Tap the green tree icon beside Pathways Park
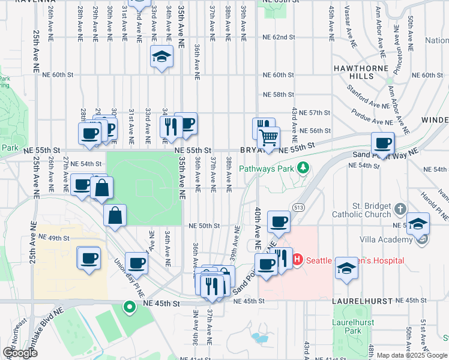pyautogui.click(x=304, y=167)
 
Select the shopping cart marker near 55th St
pyautogui.click(x=268, y=137)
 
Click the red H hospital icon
pyautogui.click(x=297, y=260)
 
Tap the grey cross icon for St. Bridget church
pyautogui.click(x=401, y=210)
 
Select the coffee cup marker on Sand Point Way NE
pyautogui.click(x=382, y=143)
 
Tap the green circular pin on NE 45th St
pyautogui.click(x=129, y=308)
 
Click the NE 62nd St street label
pyautogui.click(x=279, y=37)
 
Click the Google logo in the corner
pyautogui.click(x=20, y=353)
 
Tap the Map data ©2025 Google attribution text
pyautogui.click(x=411, y=355)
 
